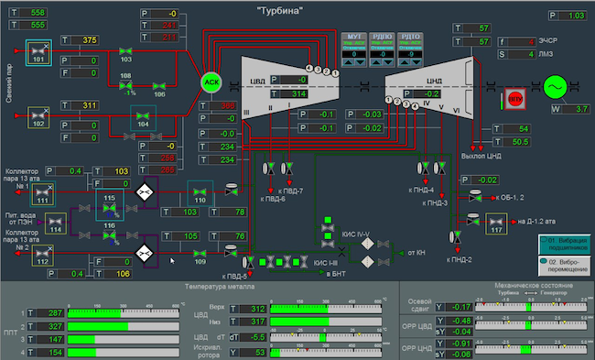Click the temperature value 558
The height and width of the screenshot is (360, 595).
coord(37,12)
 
